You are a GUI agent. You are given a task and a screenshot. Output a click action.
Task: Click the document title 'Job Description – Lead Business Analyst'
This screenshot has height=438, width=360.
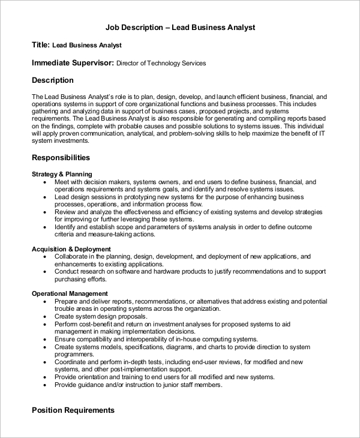pyautogui.click(x=180, y=28)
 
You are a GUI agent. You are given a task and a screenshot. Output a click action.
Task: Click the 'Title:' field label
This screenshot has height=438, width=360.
pyautogui.click(x=41, y=45)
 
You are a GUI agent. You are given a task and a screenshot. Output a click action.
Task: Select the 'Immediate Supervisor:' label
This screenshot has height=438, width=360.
pyautogui.click(x=73, y=62)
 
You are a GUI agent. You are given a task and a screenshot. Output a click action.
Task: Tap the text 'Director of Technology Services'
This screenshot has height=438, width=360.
pyautogui.click(x=161, y=63)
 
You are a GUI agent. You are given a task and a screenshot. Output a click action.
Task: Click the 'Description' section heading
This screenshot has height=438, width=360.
pyautogui.click(x=53, y=80)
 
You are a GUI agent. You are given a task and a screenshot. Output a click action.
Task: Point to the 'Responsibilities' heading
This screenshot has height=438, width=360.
pyautogui.click(x=61, y=158)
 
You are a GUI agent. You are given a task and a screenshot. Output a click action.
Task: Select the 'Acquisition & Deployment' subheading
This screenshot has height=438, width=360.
pyautogui.click(x=71, y=249)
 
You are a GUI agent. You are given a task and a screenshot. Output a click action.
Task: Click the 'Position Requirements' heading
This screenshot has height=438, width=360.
pyautogui.click(x=73, y=410)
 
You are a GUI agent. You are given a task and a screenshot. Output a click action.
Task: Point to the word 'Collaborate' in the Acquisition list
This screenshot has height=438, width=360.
pyautogui.click(x=72, y=256)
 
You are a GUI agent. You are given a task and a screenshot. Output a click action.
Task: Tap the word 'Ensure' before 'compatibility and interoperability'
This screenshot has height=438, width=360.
pyautogui.click(x=65, y=339)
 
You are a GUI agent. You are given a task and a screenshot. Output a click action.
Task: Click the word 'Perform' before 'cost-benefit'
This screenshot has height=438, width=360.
pyautogui.click(x=67, y=324)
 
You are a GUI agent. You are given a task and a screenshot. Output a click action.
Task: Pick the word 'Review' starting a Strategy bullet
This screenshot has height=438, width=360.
pyautogui.click(x=65, y=212)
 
